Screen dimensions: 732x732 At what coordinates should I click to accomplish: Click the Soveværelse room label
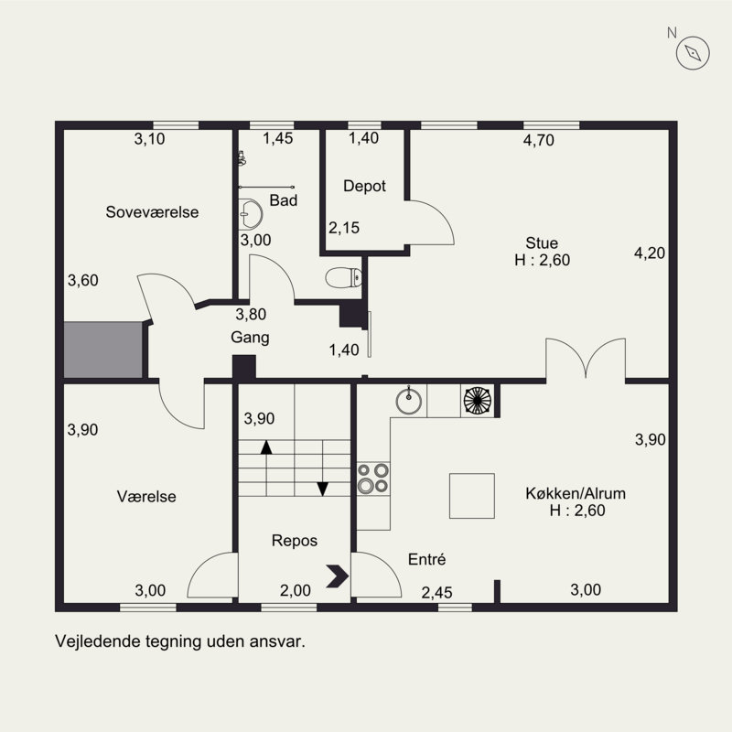point(152,212)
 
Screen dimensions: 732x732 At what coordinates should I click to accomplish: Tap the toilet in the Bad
point(344,277)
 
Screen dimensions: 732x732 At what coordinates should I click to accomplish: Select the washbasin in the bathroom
point(251,214)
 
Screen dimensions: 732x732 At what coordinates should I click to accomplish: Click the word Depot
point(364,186)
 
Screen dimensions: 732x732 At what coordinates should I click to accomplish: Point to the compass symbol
point(693,53)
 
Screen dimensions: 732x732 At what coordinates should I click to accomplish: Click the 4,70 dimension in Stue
point(539,140)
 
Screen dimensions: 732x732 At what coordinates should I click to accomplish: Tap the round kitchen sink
point(408,401)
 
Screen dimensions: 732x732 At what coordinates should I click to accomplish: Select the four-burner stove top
point(373,479)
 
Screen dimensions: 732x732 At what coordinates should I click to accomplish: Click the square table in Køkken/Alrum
point(472,496)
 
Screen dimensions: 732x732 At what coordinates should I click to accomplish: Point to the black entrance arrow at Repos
point(338,576)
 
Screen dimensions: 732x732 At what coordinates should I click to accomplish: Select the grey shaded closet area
point(102,350)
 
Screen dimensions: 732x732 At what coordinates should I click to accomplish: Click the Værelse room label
point(146,496)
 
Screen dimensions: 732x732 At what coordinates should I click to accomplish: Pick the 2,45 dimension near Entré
point(437,592)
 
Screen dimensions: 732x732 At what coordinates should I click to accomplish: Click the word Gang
point(250,337)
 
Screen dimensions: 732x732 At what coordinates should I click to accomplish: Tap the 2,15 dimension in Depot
point(344,228)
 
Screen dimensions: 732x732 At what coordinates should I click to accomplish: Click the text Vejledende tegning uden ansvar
point(180,641)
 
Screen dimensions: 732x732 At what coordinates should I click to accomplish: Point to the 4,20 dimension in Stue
point(650,253)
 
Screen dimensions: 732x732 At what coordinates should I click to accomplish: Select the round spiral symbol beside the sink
point(478,401)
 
